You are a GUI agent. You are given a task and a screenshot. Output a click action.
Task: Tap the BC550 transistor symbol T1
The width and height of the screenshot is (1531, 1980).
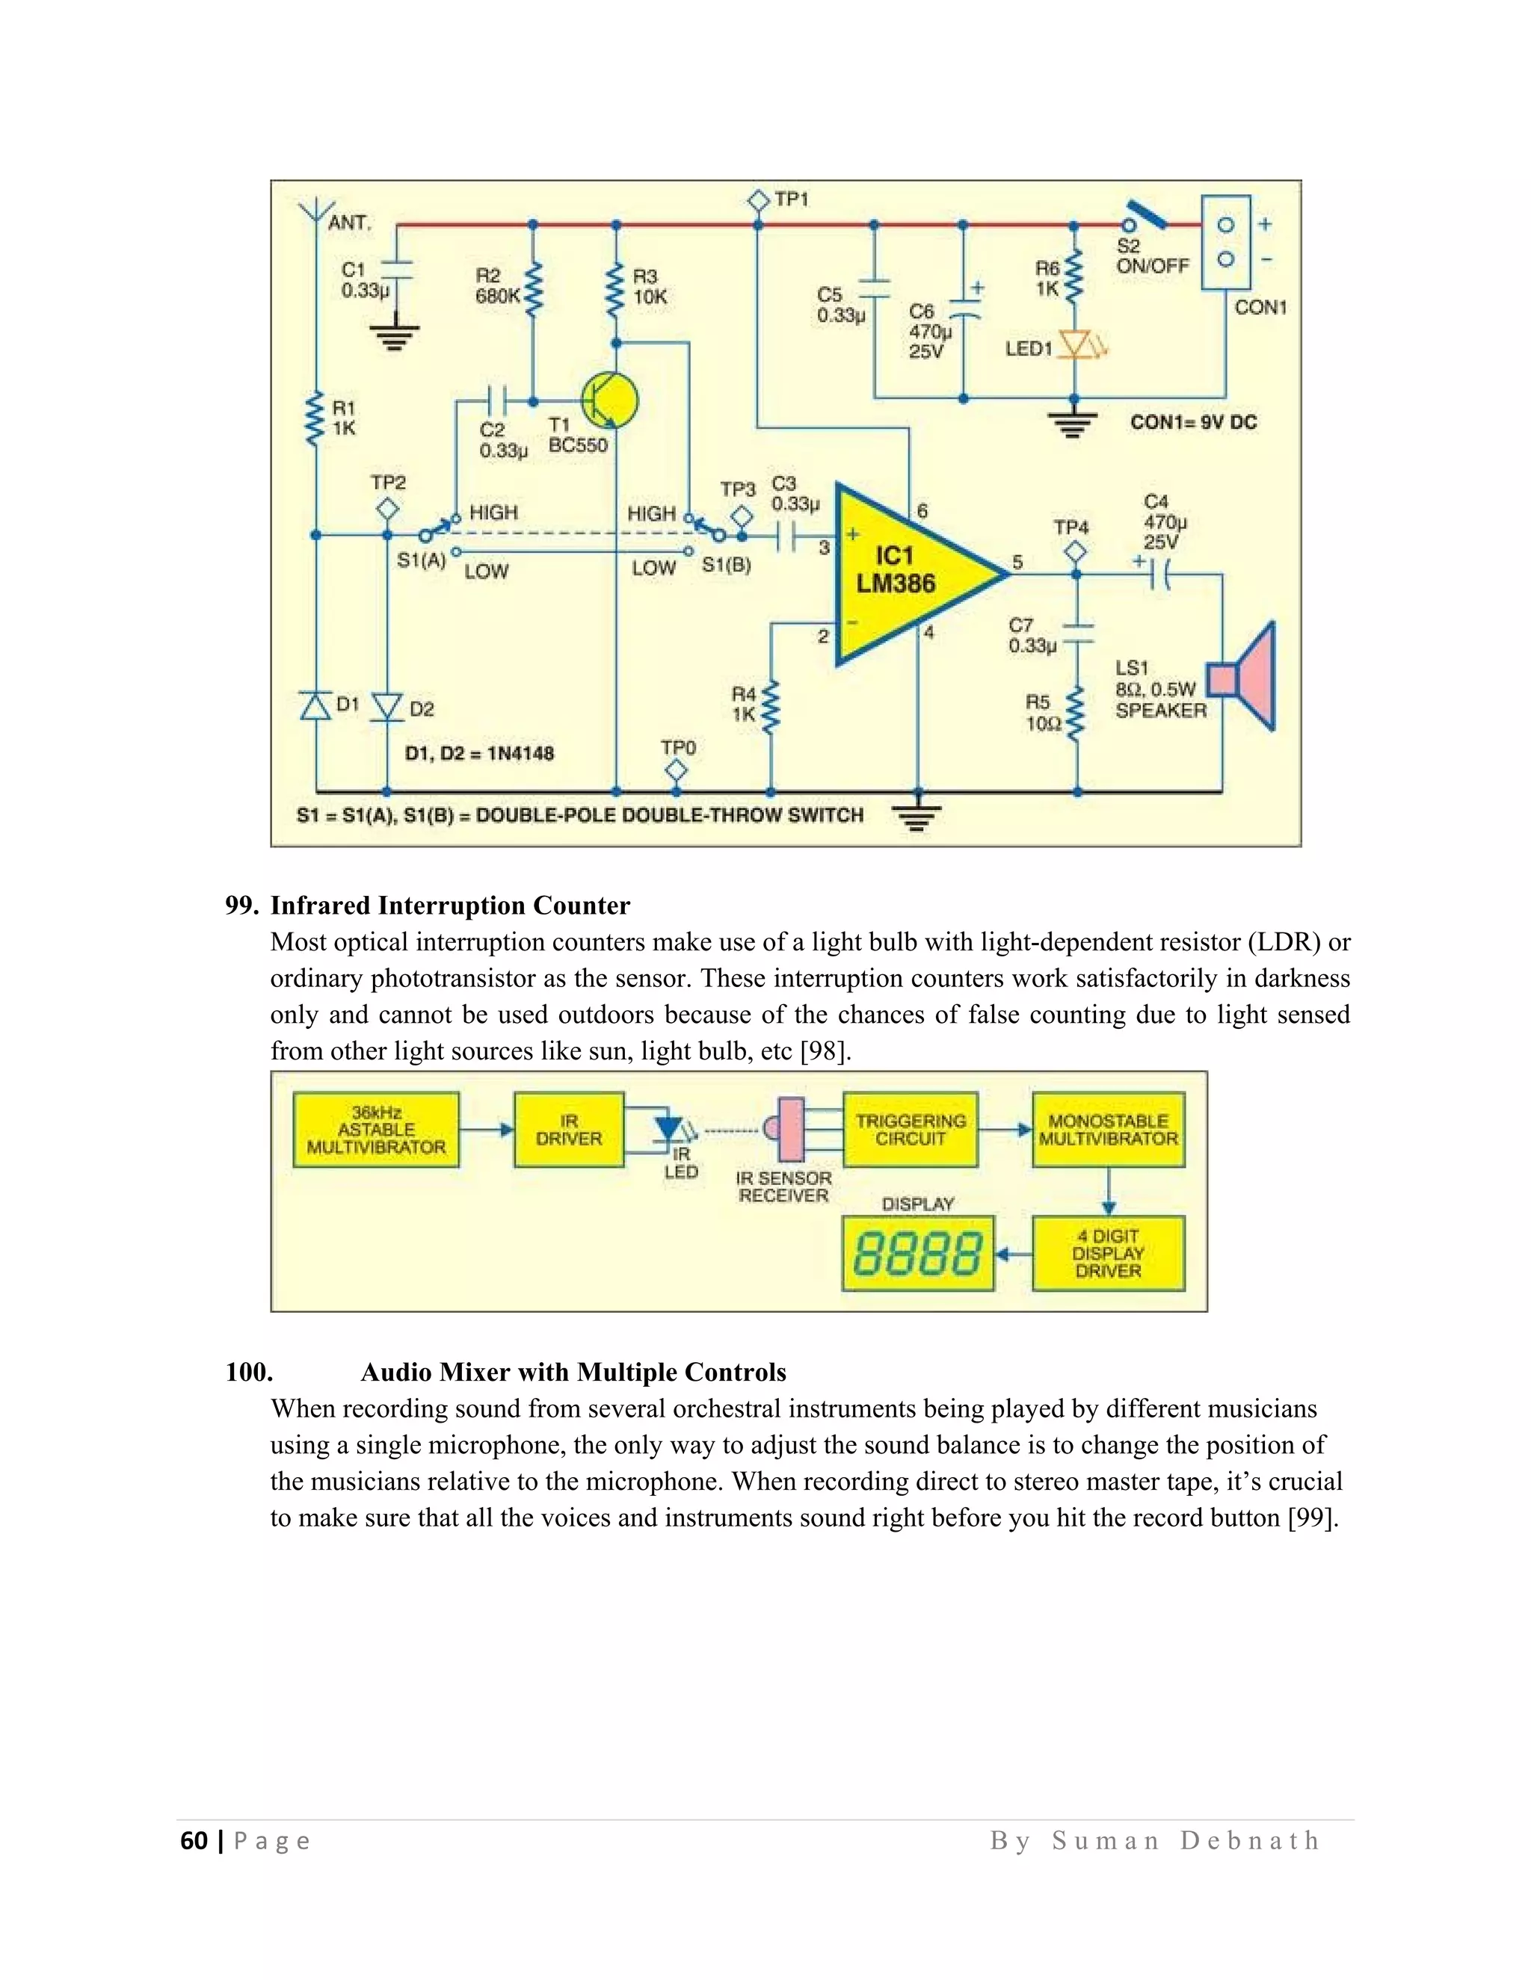609,400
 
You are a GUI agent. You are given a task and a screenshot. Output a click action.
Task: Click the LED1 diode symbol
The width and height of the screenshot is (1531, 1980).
1076,345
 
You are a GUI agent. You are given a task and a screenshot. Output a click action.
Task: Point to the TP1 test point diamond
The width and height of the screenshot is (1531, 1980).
758,199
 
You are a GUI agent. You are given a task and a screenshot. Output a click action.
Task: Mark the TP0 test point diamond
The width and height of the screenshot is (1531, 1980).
676,770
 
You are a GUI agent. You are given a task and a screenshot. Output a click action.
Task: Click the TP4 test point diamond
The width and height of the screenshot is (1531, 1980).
1076,551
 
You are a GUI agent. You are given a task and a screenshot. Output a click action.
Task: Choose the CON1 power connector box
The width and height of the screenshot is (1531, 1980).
1225,242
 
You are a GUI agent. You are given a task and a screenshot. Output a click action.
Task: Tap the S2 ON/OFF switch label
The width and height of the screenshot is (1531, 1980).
1151,256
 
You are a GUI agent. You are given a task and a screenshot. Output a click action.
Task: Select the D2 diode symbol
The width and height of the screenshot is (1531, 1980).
388,706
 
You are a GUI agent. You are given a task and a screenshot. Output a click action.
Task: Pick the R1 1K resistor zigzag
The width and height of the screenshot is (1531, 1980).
315,418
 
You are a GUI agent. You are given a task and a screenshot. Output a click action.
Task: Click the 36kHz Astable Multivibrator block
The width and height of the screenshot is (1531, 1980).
377,1130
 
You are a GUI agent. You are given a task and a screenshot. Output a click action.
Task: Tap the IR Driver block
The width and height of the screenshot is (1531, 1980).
569,1130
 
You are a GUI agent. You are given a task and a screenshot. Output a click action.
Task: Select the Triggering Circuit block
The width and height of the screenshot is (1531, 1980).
911,1130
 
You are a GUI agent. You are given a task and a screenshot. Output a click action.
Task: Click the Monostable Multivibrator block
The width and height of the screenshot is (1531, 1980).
1109,1130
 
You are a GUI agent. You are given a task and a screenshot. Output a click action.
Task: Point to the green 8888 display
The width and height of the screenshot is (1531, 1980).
918,1254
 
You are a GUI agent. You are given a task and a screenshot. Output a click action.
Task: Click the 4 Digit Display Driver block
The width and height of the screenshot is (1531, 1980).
1109,1254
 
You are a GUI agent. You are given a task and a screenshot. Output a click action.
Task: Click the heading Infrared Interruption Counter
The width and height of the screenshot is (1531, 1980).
450,906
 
